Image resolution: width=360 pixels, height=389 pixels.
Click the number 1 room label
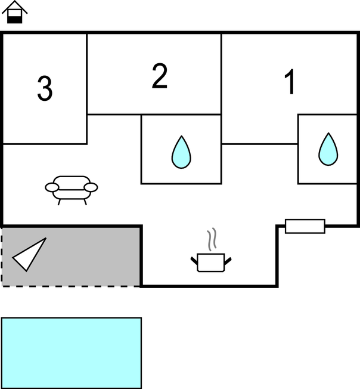tap(290, 82)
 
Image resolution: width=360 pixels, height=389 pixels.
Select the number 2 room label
tap(160, 76)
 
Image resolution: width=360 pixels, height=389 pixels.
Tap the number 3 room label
tap(45, 88)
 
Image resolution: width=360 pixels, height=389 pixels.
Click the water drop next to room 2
tap(181, 152)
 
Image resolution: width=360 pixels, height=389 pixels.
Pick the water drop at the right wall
tap(328, 149)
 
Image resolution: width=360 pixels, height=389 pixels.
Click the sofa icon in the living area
tap(72, 190)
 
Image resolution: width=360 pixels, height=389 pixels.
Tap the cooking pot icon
tap(211, 263)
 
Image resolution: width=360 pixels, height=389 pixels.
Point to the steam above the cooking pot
tap(212, 239)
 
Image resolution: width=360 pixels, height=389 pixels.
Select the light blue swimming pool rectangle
tap(72, 353)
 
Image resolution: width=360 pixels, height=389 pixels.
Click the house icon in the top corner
tap(15, 12)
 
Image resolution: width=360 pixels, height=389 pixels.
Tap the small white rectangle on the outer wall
tap(305, 226)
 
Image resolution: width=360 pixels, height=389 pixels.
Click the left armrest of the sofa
tap(52, 187)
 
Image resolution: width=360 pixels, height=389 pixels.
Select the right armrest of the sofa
tap(91, 187)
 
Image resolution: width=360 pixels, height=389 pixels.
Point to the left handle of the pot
tap(194, 261)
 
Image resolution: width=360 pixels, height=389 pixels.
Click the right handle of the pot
tap(228, 261)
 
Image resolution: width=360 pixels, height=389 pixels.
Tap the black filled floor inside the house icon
tap(15, 20)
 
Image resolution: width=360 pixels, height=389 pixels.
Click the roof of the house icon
tap(15, 7)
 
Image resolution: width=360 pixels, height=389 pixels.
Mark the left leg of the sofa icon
tap(59, 202)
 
